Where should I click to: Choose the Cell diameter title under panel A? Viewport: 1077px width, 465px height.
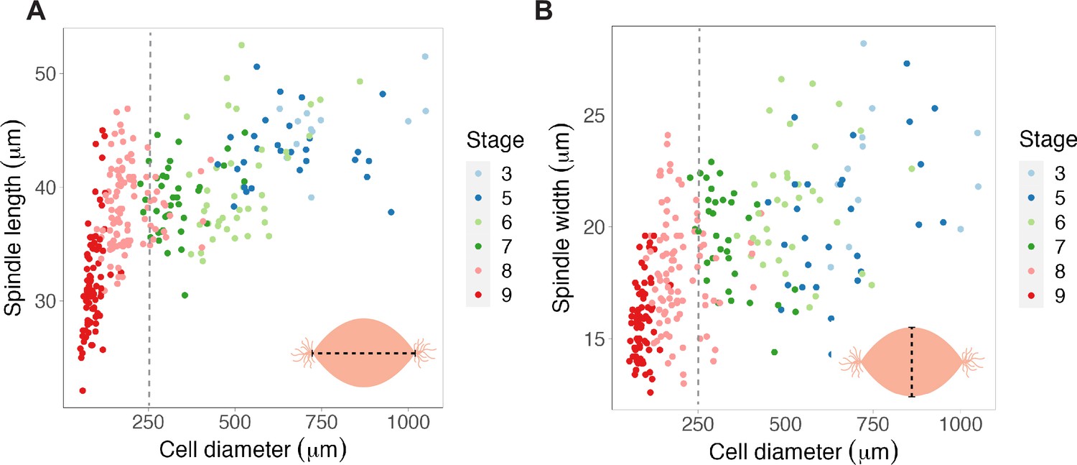[253, 451]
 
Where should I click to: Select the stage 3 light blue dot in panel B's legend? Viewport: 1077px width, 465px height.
[1031, 174]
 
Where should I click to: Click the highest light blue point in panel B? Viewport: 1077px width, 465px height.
[864, 43]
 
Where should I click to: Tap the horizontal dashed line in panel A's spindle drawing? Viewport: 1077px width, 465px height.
[363, 354]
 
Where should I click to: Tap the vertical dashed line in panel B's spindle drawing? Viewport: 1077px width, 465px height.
[912, 362]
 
